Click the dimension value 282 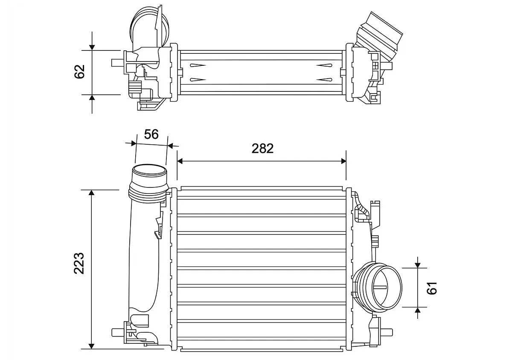[x=262, y=148]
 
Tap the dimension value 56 [x=151, y=134]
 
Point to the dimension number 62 [x=80, y=72]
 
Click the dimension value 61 [x=432, y=288]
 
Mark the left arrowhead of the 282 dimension [x=180, y=161]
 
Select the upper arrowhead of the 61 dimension [x=418, y=265]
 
